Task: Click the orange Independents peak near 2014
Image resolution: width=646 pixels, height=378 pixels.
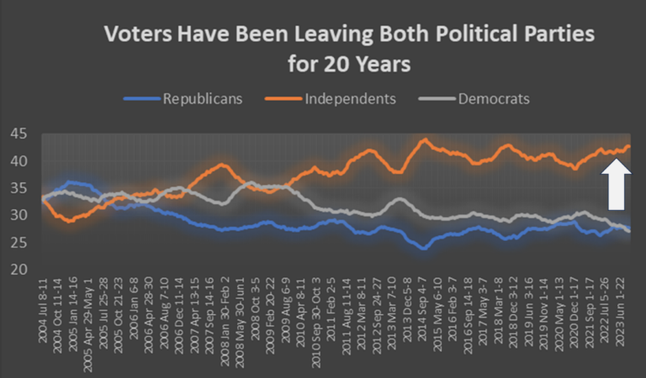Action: click(x=425, y=139)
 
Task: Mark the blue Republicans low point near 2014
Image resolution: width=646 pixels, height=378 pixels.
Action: click(x=424, y=249)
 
